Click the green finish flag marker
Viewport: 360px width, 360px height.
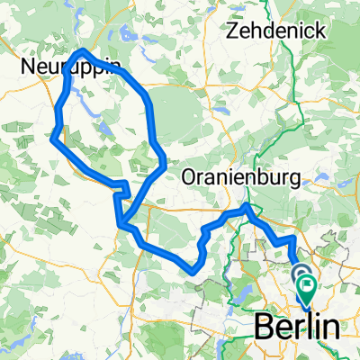coord(308,290)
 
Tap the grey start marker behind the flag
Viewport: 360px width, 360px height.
coord(298,274)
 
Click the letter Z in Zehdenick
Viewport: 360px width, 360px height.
coord(237,31)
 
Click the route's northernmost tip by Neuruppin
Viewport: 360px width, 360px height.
coord(84,51)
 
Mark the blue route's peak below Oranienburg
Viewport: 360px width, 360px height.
coord(248,208)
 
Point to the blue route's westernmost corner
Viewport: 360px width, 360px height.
coord(54,139)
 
